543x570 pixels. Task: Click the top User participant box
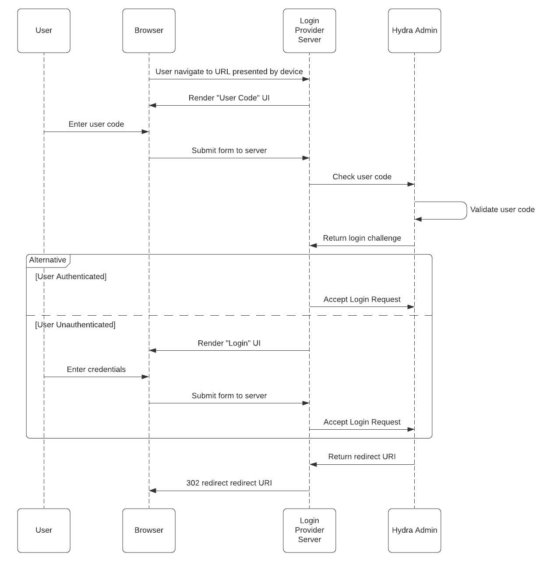tap(44, 31)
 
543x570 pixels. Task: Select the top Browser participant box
tap(149, 31)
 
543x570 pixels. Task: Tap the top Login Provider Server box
tap(309, 31)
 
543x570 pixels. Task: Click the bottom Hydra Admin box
tap(414, 530)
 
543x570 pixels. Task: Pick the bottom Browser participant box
tap(149, 530)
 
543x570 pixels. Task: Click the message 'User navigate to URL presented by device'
tap(229, 71)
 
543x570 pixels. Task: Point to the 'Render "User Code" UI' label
tap(229, 98)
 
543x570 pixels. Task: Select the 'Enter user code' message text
tap(96, 124)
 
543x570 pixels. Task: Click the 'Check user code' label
tap(362, 177)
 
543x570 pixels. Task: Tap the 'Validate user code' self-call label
tap(502, 210)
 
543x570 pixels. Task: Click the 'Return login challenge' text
tap(362, 238)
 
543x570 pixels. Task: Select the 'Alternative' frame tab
tap(48, 260)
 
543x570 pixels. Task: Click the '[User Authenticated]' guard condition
tap(71, 277)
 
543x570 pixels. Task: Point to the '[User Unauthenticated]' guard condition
tap(75, 325)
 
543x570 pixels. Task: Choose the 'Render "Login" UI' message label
tap(229, 343)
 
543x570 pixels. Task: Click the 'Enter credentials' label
tap(96, 370)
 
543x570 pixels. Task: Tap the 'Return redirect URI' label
tap(362, 457)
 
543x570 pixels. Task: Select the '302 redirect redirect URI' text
tap(229, 483)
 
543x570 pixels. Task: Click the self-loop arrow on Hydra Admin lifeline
tap(466, 210)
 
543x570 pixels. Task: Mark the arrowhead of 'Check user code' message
tap(411, 184)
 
